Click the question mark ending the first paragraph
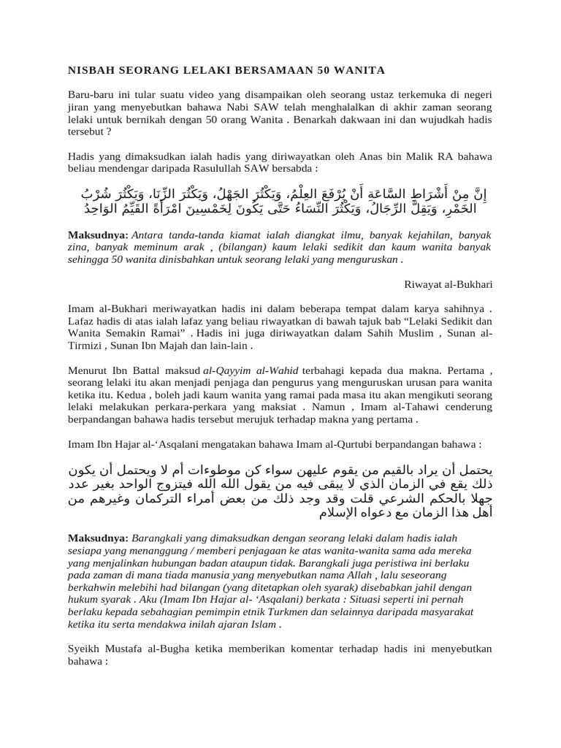109,133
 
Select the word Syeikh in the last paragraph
84,648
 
